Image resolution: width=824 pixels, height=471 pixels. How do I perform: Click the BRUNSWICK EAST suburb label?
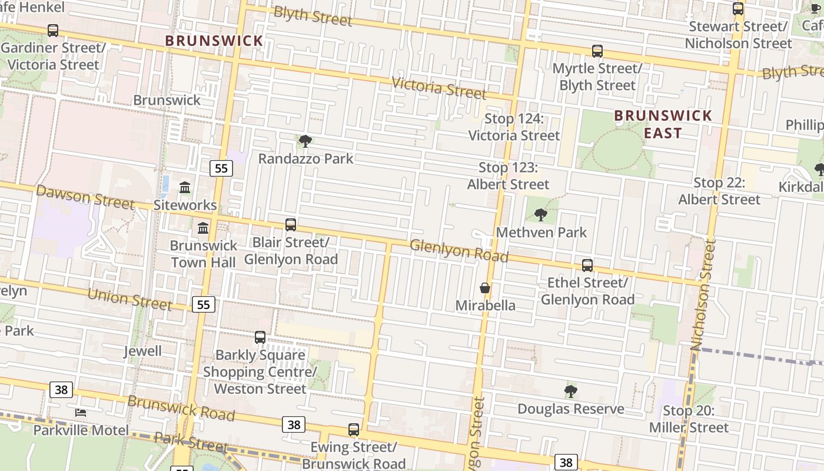663,124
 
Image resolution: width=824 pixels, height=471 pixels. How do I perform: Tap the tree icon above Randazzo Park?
305,141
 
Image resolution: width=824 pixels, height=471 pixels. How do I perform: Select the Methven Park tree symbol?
541,215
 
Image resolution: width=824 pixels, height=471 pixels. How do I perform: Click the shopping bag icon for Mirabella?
485,288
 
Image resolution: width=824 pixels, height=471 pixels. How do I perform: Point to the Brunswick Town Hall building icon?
203,228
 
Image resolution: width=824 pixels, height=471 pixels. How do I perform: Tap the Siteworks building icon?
185,188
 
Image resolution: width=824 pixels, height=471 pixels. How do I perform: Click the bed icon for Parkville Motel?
81,413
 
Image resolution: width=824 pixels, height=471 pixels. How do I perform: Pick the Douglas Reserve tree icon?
570,392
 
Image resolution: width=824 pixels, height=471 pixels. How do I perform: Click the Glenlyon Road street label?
458,251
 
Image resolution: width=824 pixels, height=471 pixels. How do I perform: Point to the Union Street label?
129,299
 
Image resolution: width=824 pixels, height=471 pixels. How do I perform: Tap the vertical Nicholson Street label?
703,294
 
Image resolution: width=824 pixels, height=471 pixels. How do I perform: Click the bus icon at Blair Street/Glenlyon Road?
291,224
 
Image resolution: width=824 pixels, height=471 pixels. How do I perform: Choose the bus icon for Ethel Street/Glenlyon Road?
587,266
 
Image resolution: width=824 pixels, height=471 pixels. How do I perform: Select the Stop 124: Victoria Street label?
514,127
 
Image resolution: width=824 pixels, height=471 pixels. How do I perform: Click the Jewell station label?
142,351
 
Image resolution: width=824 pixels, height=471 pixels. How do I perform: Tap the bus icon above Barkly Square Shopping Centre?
260,337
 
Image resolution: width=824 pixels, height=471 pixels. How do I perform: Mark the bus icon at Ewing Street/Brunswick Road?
353,430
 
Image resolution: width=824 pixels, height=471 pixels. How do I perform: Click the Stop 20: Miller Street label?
689,419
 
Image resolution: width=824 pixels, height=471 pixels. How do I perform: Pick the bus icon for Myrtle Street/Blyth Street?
597,51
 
